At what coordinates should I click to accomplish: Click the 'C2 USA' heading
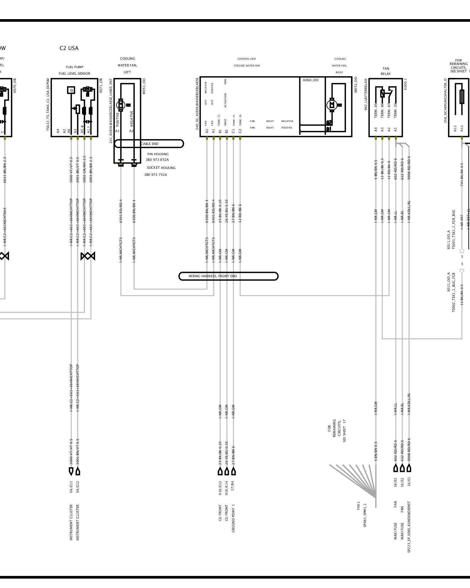click(x=69, y=48)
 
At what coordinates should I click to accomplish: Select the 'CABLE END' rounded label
click(x=149, y=144)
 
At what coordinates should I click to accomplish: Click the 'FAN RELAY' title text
click(x=386, y=71)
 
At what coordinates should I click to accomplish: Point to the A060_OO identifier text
click(x=310, y=80)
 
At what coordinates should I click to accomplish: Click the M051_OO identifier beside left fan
click(x=144, y=86)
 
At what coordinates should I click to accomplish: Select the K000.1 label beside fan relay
click(x=406, y=84)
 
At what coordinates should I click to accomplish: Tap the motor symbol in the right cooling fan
click(x=332, y=105)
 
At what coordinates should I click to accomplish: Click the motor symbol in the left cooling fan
click(x=121, y=104)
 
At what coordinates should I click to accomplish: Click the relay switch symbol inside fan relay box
click(x=386, y=94)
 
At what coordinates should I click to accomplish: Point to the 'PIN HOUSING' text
click(x=158, y=154)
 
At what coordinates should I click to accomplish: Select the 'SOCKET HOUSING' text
click(x=161, y=168)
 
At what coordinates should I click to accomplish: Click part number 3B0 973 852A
click(x=157, y=160)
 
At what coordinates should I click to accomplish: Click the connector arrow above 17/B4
click(x=234, y=471)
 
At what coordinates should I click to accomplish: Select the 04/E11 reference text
click(x=71, y=487)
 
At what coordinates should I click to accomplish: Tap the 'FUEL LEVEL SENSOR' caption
click(x=74, y=73)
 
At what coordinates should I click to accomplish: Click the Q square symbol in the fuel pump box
click(x=71, y=90)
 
